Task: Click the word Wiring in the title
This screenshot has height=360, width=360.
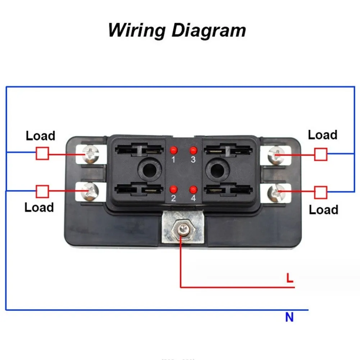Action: pos(137,30)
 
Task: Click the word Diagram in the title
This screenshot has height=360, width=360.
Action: pos(209,30)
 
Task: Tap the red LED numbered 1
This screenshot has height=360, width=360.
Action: pos(174,151)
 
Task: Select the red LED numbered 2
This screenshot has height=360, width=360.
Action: pos(174,190)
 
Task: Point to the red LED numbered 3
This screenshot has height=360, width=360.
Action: pos(193,151)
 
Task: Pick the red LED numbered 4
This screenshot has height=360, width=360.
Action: pos(193,190)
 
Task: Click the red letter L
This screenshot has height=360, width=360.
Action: pos(290,278)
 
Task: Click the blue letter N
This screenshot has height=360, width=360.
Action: pos(289,317)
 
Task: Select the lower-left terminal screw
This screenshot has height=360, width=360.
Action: pos(90,192)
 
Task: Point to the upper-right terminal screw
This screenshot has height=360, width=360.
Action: pos(277,155)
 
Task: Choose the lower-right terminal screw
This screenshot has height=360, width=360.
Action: pos(277,193)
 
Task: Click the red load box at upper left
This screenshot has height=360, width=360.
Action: pos(42,153)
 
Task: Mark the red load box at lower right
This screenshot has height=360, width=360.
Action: pos(321,192)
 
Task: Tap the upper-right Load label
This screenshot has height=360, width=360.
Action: pos(323,135)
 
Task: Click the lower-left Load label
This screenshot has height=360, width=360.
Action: pos(39,207)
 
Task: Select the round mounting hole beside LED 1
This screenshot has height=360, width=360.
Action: pos(150,170)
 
